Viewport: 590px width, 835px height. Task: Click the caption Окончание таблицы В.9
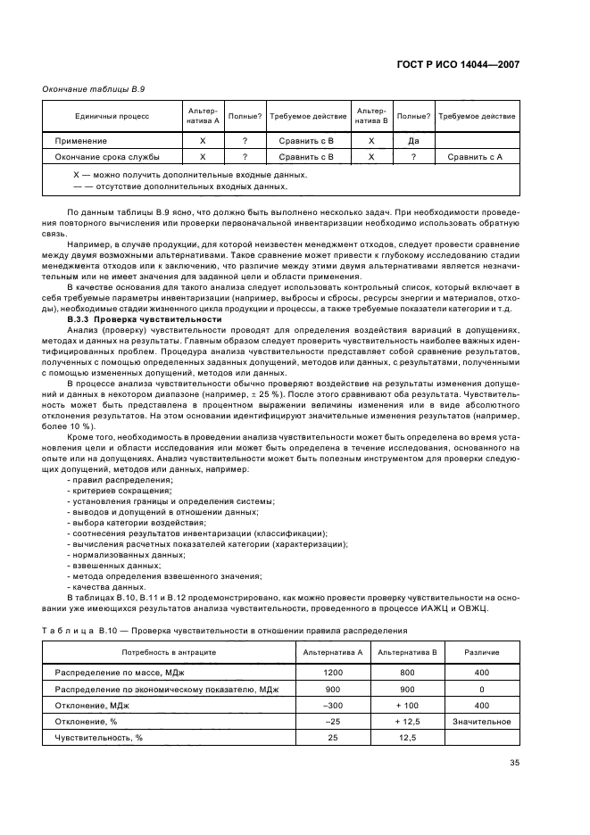[87, 89]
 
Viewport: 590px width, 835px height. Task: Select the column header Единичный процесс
[112, 116]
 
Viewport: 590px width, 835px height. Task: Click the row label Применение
[81, 141]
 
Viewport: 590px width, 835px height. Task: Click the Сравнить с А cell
[476, 157]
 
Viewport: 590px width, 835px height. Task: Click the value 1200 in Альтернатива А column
[333, 672]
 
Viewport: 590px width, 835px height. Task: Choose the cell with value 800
[407, 672]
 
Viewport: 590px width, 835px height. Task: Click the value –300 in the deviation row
[333, 705]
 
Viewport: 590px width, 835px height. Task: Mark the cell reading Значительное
[481, 721]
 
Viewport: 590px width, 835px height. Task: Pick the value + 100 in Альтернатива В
[407, 705]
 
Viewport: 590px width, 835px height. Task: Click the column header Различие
[481, 653]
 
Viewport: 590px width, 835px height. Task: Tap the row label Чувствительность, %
[99, 738]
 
